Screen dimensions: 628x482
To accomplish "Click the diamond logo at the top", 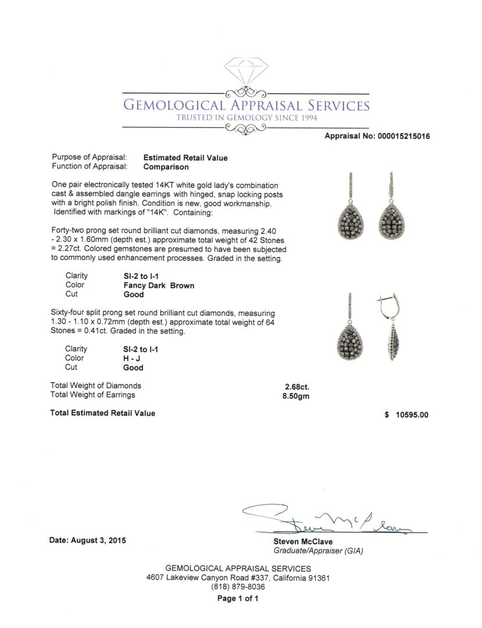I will point(246,71).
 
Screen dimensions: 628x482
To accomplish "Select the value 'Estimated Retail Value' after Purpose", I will point(185,158).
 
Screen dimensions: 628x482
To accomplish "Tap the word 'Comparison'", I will point(166,167).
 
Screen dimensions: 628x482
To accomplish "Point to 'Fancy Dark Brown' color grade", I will point(159,286).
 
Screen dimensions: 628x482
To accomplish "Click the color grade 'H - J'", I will point(133,358).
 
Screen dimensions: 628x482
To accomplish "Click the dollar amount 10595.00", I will point(411,415).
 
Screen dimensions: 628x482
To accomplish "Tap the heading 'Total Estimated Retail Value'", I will point(103,413).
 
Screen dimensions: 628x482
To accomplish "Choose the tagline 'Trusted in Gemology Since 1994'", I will point(247,118).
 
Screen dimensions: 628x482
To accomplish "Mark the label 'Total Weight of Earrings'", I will point(93,395).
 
